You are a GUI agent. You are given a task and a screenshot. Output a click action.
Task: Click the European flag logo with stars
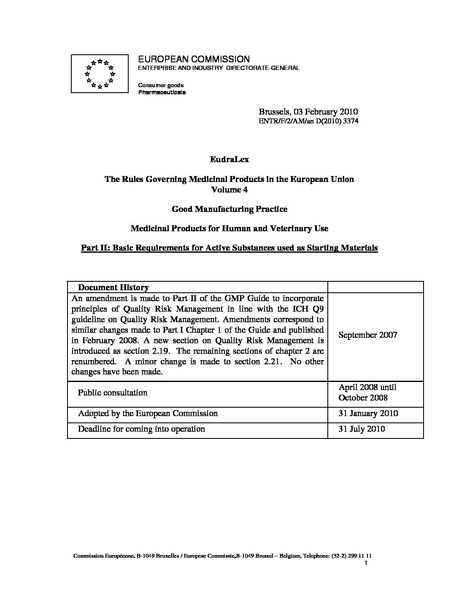tap(100, 74)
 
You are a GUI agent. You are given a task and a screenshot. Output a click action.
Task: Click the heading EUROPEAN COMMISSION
tap(194, 59)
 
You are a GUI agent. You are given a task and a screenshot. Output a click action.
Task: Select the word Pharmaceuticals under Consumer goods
tap(162, 92)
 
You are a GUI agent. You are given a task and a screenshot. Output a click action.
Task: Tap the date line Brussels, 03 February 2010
tap(308, 112)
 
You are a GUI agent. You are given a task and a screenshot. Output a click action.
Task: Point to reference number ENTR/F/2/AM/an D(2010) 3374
tap(308, 121)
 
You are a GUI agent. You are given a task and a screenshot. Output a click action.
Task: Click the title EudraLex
tap(229, 160)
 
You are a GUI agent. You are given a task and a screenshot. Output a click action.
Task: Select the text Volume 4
tap(229, 190)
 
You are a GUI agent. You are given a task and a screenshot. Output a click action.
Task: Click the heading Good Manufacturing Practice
tap(229, 209)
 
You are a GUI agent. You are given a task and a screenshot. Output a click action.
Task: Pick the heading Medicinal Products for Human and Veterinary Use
tap(229, 228)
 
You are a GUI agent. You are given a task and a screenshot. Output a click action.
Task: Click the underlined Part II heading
tap(229, 248)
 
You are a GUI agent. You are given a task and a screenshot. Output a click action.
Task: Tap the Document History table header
tap(113, 288)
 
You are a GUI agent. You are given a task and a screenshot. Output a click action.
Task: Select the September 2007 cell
tap(367, 335)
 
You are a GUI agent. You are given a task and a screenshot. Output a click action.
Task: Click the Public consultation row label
tap(113, 393)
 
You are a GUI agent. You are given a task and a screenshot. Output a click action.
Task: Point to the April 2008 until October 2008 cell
tap(367, 393)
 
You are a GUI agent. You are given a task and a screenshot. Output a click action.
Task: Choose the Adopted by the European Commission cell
tap(148, 413)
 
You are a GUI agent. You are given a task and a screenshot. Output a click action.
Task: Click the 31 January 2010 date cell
tap(368, 413)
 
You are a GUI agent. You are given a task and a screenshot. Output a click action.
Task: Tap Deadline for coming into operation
tap(141, 429)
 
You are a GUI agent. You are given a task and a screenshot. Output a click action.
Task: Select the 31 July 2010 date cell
tap(362, 429)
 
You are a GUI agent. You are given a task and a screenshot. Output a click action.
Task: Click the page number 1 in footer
tap(366, 563)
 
